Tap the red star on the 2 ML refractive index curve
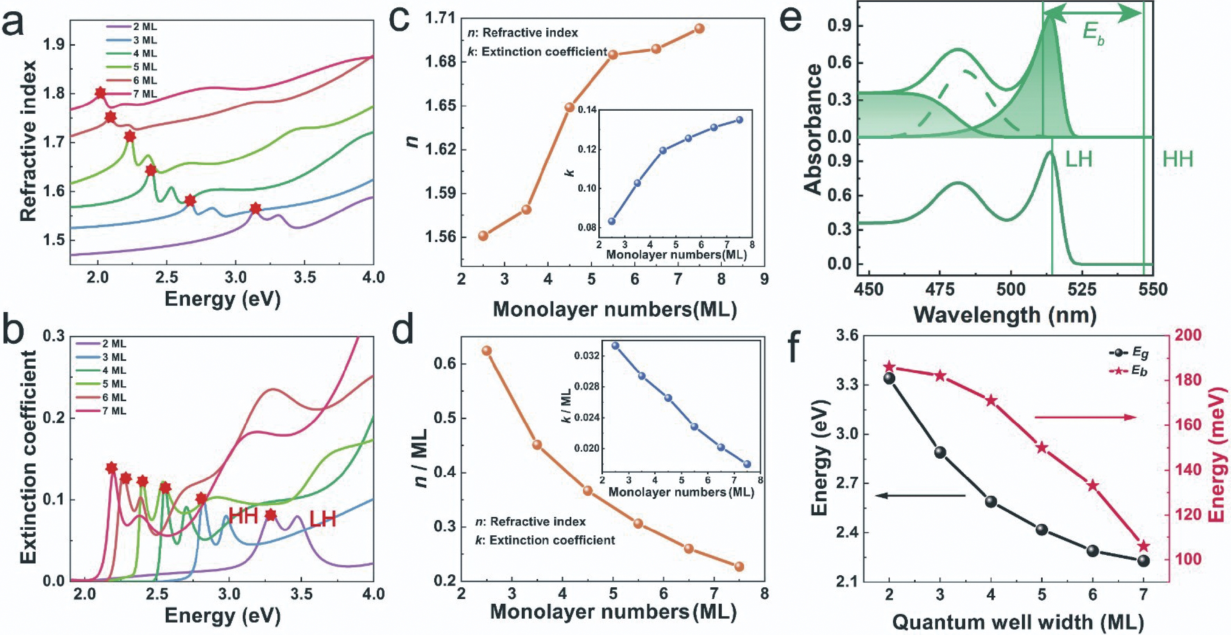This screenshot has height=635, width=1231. coord(256,208)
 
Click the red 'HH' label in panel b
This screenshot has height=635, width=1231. coord(243,516)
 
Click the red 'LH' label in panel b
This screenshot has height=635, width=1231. coord(322,519)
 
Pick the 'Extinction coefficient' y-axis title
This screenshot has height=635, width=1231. coord(29,457)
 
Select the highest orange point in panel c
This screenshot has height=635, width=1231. coord(699,28)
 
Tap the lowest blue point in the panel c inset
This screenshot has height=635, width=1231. coord(612,221)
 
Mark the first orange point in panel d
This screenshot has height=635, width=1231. coord(487,351)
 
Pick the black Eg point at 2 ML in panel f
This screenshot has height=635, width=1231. coord(889,378)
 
